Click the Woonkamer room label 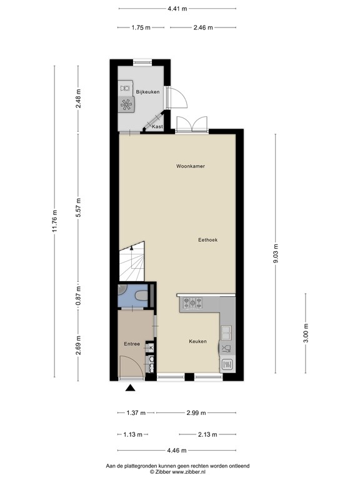click(x=191, y=166)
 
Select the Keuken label click(x=198, y=341)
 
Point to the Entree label click(x=131, y=344)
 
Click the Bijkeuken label click(x=148, y=92)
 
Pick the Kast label click(x=157, y=127)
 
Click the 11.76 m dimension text click(x=55, y=221)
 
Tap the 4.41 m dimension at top click(x=177, y=9)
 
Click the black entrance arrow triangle click(x=131, y=389)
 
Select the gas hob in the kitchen click(x=192, y=304)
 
